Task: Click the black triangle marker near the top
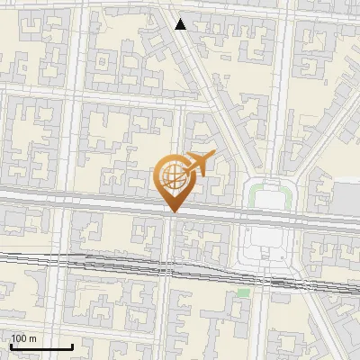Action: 181,24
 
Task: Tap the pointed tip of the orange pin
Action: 171,212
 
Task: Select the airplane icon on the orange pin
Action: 198,165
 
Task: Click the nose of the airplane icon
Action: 212,155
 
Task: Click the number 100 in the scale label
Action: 19,338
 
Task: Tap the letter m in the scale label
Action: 33,338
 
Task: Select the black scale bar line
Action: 41,346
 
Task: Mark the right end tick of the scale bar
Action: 72,345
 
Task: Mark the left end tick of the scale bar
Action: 11,345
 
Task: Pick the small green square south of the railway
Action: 243,293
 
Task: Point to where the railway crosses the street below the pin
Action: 169,267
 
